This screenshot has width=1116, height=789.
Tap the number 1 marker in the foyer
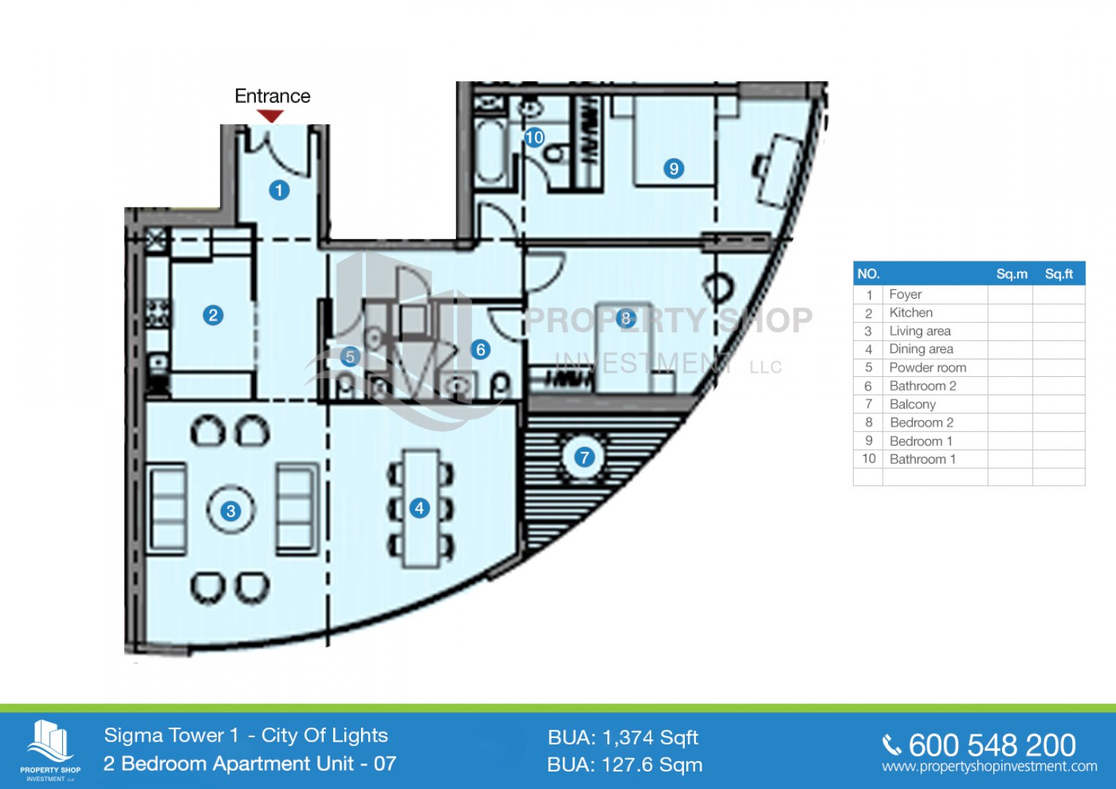pos(279,190)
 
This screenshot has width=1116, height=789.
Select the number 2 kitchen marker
pos(213,316)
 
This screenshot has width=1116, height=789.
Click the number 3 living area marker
pos(231,511)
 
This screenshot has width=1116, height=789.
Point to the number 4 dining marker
pos(420,508)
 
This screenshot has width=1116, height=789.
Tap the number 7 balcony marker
pos(584,457)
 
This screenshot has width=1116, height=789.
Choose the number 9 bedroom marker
pos(674,169)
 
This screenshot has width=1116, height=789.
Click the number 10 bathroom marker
pos(534,137)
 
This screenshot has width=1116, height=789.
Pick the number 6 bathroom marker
pos(480,350)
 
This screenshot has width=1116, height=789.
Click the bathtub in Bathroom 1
pos(490,152)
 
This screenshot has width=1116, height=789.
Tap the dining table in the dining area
pos(421,508)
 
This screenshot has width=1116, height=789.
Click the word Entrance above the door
pos(273,96)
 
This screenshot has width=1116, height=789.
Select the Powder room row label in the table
pos(927,367)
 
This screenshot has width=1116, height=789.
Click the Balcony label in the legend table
pos(913,404)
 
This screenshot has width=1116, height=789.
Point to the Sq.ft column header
pos(1059,274)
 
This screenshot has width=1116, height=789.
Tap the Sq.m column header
pos(1012,274)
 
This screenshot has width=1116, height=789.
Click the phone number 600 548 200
pos(992,745)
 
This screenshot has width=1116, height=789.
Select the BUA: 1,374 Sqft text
pos(623,738)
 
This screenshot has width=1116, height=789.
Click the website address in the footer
pos(990,766)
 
